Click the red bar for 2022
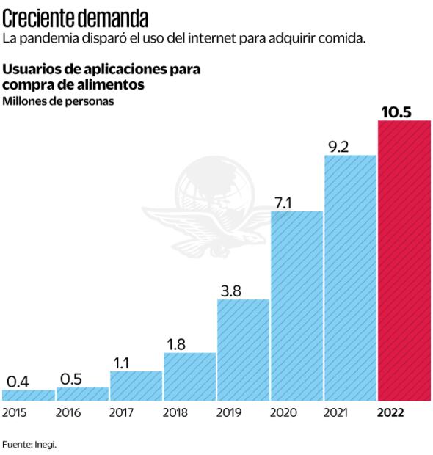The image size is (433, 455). [404, 261]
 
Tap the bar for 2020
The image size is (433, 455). [296, 306]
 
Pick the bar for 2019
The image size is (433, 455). [243, 350]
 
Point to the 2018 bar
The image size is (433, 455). [189, 376]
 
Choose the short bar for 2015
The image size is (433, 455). [28, 396]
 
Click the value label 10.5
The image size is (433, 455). [396, 111]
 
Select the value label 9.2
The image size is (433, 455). [338, 146]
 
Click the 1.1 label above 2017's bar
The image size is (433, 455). [121, 362]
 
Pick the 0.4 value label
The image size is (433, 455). [17, 381]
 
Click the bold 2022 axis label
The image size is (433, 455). [390, 413]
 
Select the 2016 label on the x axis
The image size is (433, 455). [68, 413]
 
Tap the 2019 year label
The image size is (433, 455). [229, 413]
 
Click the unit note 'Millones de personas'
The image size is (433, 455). [59, 101]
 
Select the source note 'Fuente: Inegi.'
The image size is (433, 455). [29, 444]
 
